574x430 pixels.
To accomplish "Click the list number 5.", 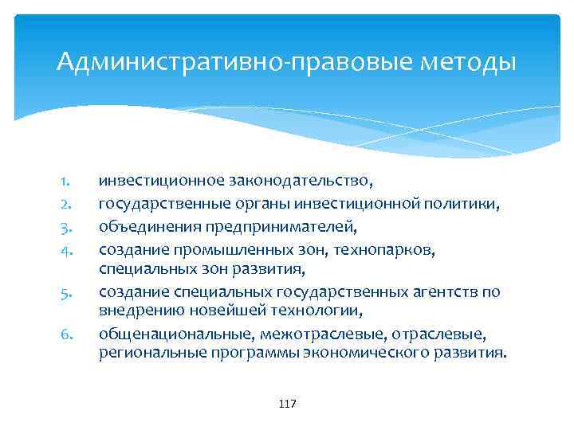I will [x=67, y=292].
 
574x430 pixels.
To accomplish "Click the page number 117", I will [x=287, y=405].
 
